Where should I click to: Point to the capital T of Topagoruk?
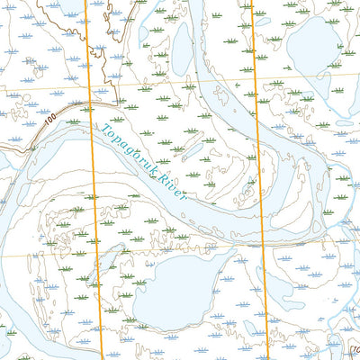(x=97, y=126)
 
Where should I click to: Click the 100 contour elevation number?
(x=48, y=120)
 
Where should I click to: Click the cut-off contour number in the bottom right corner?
(x=354, y=352)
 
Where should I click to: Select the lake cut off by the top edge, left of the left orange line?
(x=63, y=7)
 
